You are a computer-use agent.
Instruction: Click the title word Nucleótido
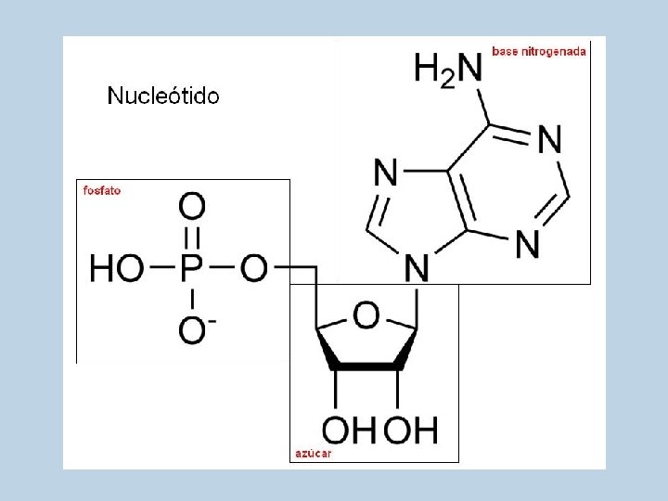[163, 96]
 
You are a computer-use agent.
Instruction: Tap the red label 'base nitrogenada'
[539, 52]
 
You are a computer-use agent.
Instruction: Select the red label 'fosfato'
[102, 191]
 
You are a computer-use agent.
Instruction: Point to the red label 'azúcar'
[313, 454]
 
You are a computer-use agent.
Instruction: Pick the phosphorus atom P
[192, 270]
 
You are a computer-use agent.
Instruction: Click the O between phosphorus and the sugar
[254, 270]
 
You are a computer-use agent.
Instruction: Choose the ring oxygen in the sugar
[366, 315]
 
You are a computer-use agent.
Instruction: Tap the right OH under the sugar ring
[409, 430]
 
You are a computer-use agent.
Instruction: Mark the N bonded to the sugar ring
[417, 269]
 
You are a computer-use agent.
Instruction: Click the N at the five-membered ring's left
[386, 173]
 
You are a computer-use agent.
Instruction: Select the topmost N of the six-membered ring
[549, 140]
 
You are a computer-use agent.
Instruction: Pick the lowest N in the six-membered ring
[527, 244]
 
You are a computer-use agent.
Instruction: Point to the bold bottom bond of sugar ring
[366, 366]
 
